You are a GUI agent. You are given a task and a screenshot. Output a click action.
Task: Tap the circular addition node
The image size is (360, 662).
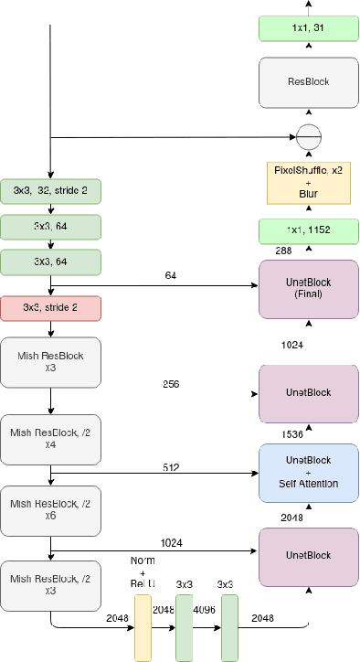pyautogui.click(x=309, y=137)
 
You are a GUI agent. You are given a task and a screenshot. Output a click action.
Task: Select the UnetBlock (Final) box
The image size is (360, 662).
pyautogui.click(x=309, y=288)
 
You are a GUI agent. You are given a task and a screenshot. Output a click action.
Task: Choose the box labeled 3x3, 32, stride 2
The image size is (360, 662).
pyautogui.click(x=50, y=190)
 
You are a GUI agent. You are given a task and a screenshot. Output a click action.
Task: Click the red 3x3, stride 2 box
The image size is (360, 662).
pyautogui.click(x=50, y=307)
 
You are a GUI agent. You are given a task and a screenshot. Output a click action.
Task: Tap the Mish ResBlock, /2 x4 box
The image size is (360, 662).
pyautogui.click(x=50, y=438)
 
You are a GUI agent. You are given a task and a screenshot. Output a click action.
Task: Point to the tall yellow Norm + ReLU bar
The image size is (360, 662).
pyautogui.click(x=143, y=627)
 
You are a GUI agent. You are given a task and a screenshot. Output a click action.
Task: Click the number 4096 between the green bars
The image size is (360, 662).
pyautogui.click(x=204, y=609)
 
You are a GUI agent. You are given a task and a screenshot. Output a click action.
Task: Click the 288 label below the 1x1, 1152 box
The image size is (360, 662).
pyautogui.click(x=283, y=249)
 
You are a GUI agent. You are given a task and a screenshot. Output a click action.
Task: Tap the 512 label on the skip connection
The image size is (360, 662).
pyautogui.click(x=170, y=467)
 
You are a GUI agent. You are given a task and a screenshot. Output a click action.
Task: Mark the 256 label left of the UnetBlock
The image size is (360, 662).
pyautogui.click(x=170, y=385)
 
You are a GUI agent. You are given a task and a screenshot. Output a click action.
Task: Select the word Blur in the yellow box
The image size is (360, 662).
pyautogui.click(x=308, y=194)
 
